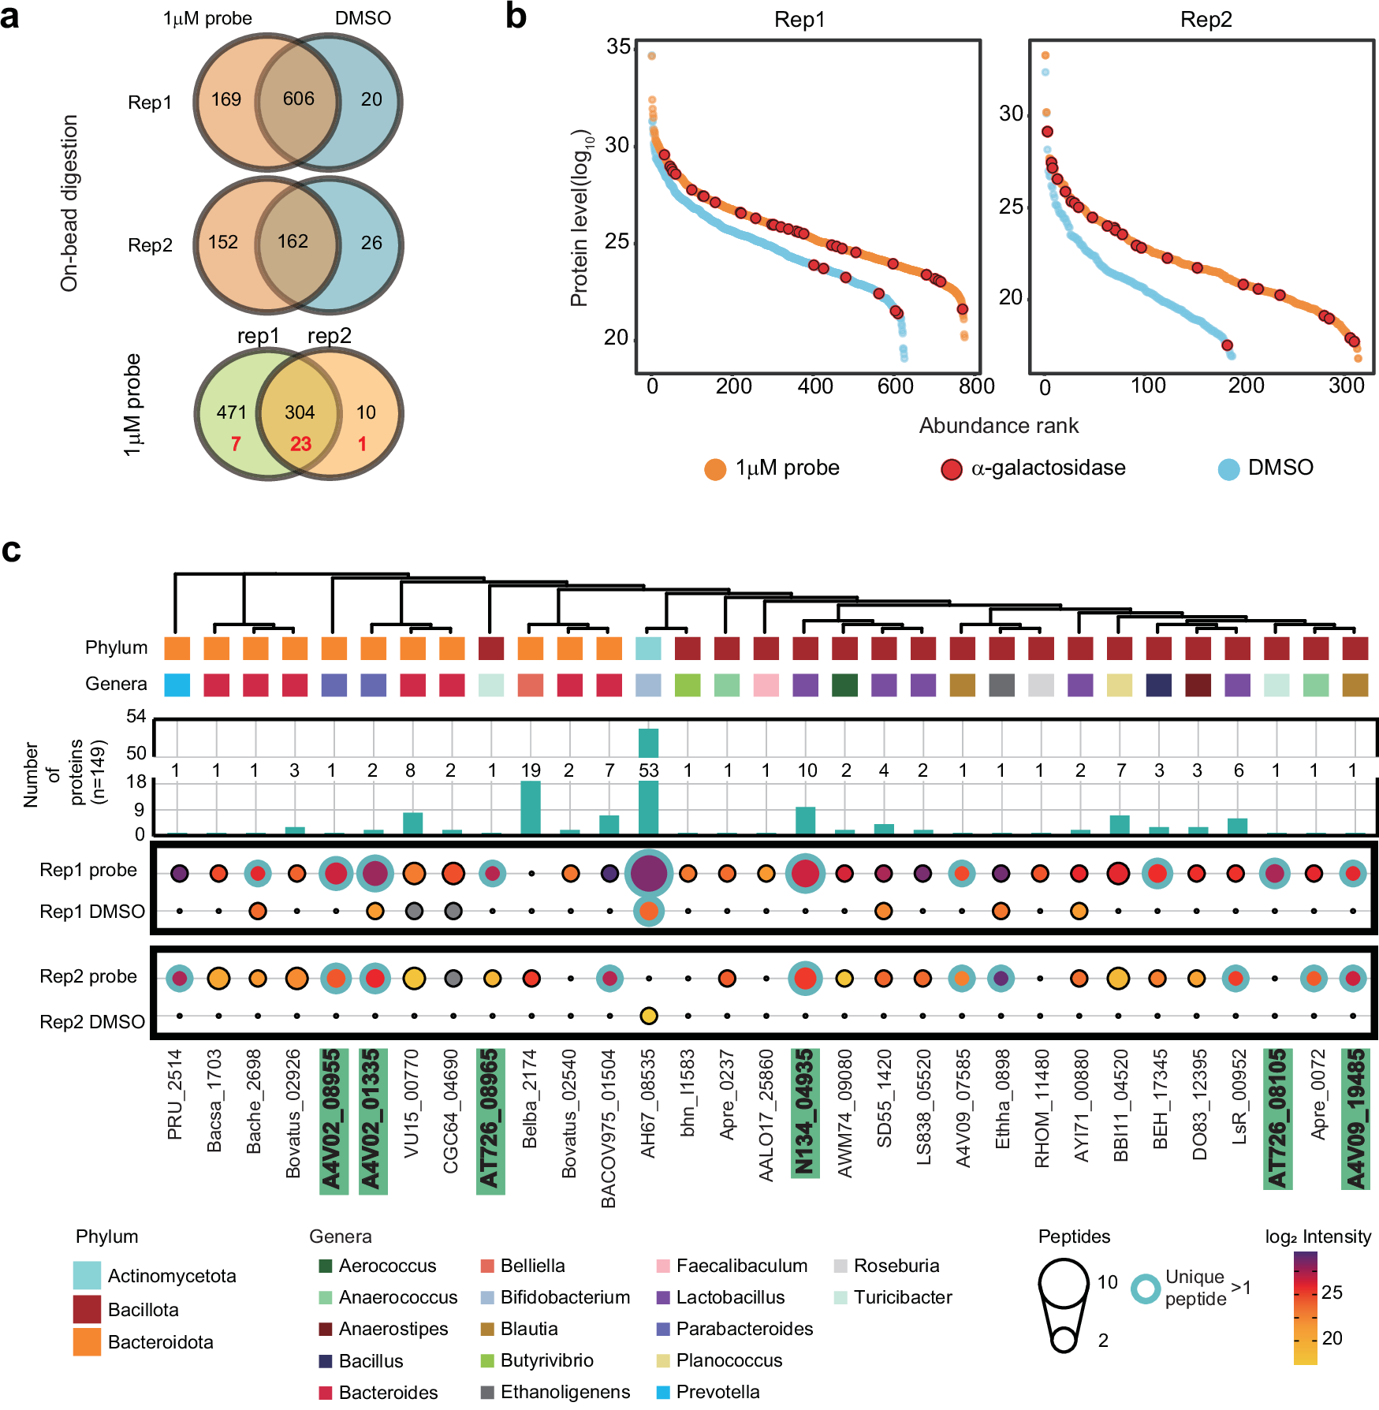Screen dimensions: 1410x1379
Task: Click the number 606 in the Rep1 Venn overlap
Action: coord(298,99)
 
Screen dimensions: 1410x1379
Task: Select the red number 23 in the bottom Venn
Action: coord(300,444)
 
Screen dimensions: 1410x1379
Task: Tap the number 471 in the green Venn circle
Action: coord(232,412)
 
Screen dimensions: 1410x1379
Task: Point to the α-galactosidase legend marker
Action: coord(952,469)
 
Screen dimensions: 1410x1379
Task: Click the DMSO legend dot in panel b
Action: coord(1228,469)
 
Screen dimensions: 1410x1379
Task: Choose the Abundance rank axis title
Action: coord(998,426)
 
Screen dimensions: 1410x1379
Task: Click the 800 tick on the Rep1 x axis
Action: coord(976,386)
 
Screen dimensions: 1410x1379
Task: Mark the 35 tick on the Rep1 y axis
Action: coord(618,47)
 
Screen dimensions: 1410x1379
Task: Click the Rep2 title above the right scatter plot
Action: coord(1206,19)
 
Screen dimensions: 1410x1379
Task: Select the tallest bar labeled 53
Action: coord(648,789)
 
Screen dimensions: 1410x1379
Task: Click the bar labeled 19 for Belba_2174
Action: coord(531,807)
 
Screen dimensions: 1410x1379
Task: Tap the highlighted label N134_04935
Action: coord(805,1112)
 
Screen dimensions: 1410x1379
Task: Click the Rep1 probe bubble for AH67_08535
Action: coord(648,873)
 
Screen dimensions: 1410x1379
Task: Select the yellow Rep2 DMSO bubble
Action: coord(648,1016)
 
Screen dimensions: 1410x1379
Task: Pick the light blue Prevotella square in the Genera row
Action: coord(177,684)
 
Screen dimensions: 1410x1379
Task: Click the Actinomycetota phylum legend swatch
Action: coord(87,1275)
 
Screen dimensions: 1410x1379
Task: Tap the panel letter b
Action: coord(516,17)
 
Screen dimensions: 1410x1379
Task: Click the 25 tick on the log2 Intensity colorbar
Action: coord(1332,1292)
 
